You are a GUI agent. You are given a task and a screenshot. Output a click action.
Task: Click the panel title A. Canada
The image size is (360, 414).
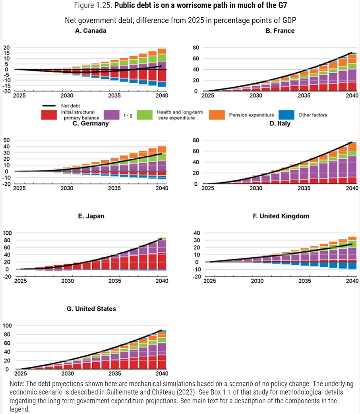tap(91, 31)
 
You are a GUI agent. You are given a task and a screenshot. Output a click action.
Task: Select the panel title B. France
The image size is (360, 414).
tap(280, 31)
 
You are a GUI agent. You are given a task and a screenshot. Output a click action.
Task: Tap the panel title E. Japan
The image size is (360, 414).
tap(91, 216)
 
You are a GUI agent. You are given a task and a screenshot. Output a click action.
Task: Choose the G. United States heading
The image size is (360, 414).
tap(91, 309)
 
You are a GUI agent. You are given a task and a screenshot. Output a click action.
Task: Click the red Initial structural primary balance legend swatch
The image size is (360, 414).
tap(50, 115)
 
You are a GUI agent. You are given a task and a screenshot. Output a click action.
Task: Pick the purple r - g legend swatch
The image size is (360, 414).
tap(112, 115)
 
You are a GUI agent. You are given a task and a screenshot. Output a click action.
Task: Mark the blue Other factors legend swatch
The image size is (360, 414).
tap(286, 115)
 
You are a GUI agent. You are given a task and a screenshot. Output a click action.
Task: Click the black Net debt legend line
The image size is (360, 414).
tap(50, 106)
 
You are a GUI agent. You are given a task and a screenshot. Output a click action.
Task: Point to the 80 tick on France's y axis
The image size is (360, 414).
tap(195, 48)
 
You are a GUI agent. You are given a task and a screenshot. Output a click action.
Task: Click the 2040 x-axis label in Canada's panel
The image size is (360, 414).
tap(162, 96)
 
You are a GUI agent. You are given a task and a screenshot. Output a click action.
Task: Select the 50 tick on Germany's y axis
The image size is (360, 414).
tap(6, 140)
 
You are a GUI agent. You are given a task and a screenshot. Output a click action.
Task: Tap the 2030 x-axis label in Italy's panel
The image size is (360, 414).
tap(256, 188)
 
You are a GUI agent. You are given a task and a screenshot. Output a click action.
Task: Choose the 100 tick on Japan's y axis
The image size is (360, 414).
tap(8, 233)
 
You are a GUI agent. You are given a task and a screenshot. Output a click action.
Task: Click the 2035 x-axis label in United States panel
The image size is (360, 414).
tap(115, 374)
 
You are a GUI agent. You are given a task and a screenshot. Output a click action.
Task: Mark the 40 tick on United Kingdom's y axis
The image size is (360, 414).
tap(196, 233)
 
